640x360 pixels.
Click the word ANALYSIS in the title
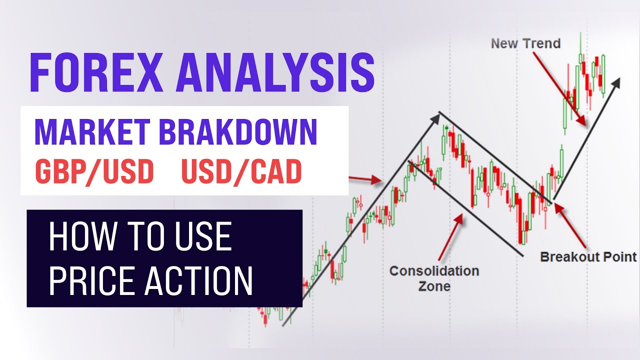(275, 73)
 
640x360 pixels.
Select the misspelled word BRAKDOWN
(238, 132)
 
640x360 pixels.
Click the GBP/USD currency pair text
(94, 171)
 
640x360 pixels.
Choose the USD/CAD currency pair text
(241, 171)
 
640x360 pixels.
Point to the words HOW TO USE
(140, 237)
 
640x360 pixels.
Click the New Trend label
(525, 43)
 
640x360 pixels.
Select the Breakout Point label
(588, 257)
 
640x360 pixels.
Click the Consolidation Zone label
(434, 278)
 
